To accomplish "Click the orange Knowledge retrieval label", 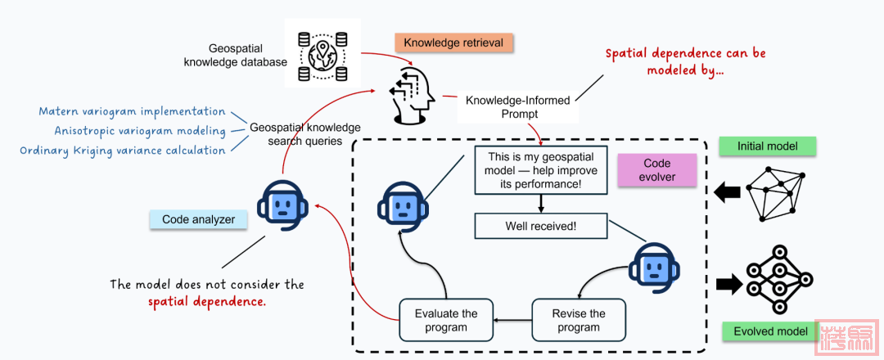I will click(x=453, y=43).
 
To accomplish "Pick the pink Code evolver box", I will click(x=657, y=170).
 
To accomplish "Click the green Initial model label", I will click(x=768, y=146).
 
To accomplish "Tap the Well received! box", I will click(x=541, y=226).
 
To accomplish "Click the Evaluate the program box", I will click(x=445, y=321).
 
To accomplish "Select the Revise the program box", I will click(x=579, y=321).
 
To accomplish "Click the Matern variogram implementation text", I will click(x=132, y=111).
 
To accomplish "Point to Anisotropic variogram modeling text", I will click(x=140, y=131).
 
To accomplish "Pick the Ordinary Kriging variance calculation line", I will click(x=122, y=151).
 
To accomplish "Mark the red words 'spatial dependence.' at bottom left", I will click(x=207, y=302).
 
